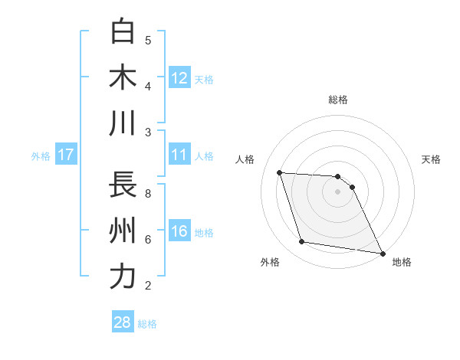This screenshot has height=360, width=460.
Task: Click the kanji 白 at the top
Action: (123, 31)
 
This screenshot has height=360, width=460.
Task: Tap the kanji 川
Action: (123, 123)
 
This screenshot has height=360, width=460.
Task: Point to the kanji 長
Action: (123, 185)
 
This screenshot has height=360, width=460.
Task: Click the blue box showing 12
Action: (179, 77)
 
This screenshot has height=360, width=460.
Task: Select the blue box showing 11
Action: (179, 155)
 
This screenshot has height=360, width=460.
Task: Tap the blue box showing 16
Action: (179, 231)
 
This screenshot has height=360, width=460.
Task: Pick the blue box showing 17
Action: (66, 155)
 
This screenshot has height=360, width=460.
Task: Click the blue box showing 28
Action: (123, 322)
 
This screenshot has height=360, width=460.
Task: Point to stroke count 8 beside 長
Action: (148, 194)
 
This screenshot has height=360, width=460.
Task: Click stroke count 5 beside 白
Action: (148, 41)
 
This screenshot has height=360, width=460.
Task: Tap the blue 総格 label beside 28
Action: (148, 324)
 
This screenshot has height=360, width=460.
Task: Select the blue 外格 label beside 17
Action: (41, 156)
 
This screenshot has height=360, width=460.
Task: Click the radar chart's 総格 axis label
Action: (338, 100)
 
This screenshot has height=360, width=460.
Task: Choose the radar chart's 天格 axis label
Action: (432, 159)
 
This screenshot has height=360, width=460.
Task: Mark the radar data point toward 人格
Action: (280, 172)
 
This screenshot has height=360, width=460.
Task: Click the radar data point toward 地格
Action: (382, 253)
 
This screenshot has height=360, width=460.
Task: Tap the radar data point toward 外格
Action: (302, 242)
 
